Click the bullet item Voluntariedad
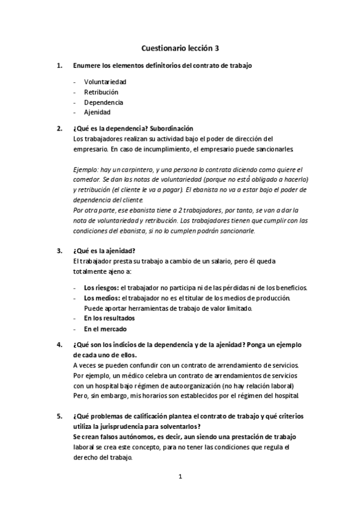(x=105, y=82)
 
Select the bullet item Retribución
(x=101, y=92)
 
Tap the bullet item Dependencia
(x=103, y=102)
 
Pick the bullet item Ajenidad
(x=97, y=112)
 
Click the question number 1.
(x=58, y=64)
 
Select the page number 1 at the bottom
(x=180, y=477)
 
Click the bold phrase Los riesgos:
(x=101, y=289)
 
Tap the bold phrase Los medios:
(x=102, y=298)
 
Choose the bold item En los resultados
(x=109, y=318)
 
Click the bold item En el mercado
(x=106, y=328)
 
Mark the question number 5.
(x=58, y=416)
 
